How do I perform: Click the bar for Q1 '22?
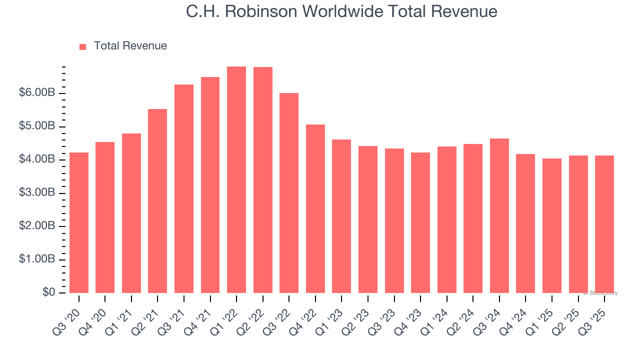236,180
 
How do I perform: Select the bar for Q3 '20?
79,222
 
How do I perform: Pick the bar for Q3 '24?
499,215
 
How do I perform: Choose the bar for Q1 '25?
552,225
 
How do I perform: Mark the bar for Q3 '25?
604,224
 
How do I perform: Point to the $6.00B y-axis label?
36,93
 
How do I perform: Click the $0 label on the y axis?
48,292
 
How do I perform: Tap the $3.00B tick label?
36,193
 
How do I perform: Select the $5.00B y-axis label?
36,126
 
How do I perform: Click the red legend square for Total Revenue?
83,46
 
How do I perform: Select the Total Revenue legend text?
130,46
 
